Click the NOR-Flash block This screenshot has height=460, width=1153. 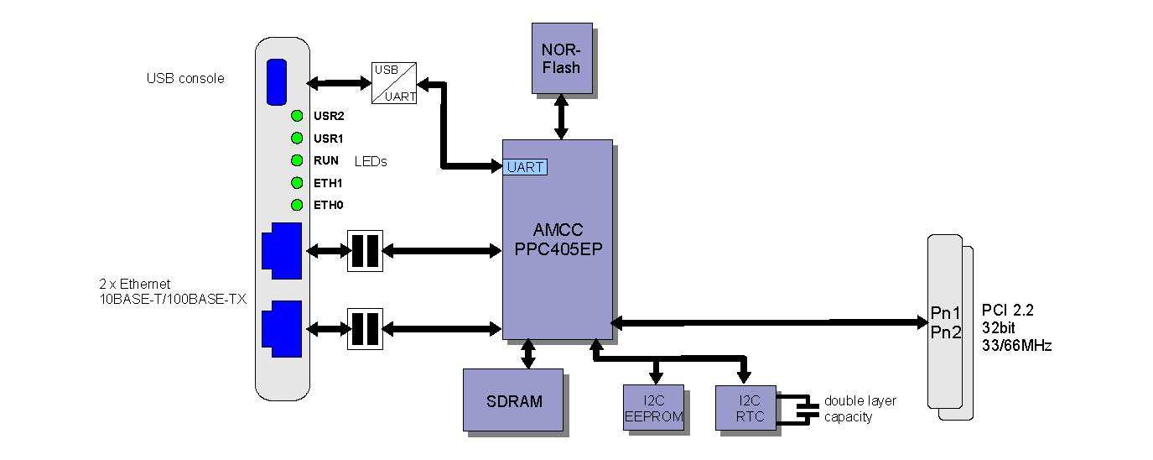561,58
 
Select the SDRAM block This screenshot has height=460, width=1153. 513,400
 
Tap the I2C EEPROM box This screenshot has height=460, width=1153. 654,409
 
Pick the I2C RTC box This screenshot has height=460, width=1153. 745,409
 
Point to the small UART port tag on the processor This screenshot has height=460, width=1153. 526,167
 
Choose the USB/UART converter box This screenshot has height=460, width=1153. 394,83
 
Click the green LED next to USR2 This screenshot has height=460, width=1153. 297,116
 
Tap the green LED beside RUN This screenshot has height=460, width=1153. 297,160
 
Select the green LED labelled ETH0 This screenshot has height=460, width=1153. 297,205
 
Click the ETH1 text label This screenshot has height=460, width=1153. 329,183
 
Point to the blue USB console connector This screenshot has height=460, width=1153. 277,82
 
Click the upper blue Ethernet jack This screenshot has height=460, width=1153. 282,250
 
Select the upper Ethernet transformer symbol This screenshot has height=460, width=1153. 365,250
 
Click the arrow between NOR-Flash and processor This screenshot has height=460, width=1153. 561,117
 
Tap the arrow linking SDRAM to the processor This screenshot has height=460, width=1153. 528,353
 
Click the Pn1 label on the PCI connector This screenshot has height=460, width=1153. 945,313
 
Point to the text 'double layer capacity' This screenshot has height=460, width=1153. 860,409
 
